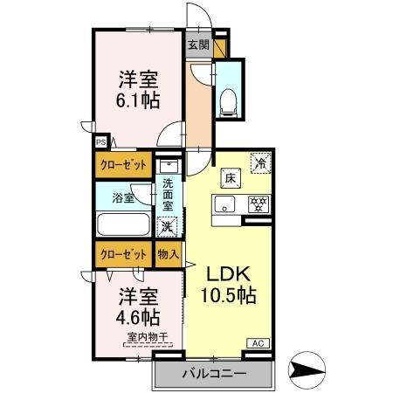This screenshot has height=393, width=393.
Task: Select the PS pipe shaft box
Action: coord(100,140)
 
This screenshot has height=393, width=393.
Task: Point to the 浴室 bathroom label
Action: coord(124,197)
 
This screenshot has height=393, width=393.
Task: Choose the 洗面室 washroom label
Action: coord(167,196)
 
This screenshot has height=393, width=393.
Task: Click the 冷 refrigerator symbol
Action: coord(259,162)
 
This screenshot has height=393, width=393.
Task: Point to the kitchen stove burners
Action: coord(258,207)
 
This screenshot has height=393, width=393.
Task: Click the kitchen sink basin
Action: coord(224,207)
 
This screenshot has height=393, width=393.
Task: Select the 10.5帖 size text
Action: coord(231,295)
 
